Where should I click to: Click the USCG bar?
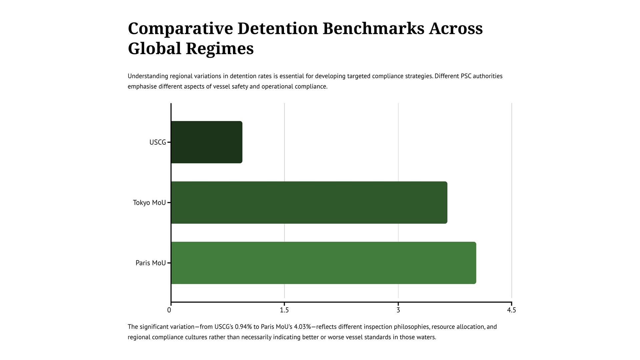click(x=206, y=142)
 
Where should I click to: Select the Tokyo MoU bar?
click(x=309, y=203)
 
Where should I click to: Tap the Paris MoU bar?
click(x=323, y=263)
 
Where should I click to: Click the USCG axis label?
click(x=158, y=142)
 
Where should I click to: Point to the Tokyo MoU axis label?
click(x=149, y=203)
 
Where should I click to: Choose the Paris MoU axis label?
click(x=151, y=263)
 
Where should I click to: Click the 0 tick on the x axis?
click(x=169, y=310)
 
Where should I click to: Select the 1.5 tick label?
click(x=284, y=310)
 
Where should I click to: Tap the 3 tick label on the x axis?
click(x=398, y=310)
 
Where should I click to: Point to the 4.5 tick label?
click(x=511, y=310)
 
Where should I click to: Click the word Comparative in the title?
click(x=180, y=29)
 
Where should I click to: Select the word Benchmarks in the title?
click(x=373, y=29)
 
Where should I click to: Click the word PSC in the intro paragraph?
click(x=466, y=76)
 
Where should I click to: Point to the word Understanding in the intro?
click(x=148, y=76)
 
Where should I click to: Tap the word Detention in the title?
click(x=278, y=29)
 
